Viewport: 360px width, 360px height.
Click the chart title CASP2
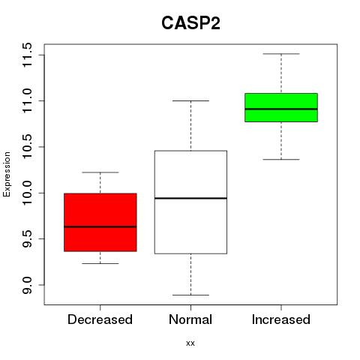click(190, 23)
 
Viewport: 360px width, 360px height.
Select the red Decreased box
click(100, 222)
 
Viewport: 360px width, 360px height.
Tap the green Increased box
click(281, 107)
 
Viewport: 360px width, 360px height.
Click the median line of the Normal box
click(190, 198)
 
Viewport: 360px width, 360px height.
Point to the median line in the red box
click(100, 226)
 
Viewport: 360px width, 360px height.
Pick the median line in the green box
click(281, 109)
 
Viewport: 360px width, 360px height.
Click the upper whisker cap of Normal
click(190, 100)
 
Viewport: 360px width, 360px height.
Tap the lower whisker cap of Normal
click(190, 295)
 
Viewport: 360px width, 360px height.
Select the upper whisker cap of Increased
click(281, 54)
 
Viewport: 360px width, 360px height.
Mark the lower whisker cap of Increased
click(281, 159)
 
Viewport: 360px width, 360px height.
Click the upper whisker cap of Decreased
click(100, 172)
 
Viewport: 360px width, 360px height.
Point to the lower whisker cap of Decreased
click(100, 263)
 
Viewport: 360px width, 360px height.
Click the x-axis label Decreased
click(100, 319)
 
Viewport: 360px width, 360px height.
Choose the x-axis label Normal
click(190, 319)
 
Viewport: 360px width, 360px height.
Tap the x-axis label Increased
click(281, 319)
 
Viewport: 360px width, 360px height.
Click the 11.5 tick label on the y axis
click(27, 55)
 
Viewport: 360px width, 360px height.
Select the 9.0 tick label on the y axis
click(27, 285)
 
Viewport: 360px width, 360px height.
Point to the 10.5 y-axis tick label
click(27, 147)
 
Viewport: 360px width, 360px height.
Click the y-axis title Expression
click(7, 174)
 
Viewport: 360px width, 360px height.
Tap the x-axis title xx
click(190, 343)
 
